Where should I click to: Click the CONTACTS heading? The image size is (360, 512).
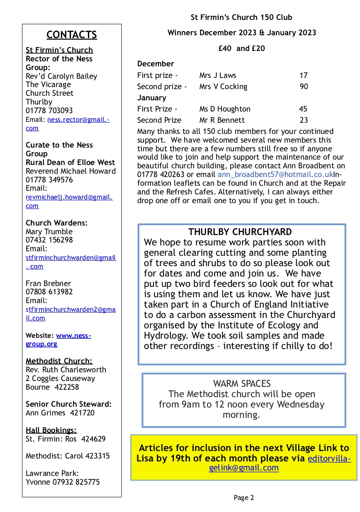72,35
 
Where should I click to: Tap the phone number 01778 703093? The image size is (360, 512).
49,111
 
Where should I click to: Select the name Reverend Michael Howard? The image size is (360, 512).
71,171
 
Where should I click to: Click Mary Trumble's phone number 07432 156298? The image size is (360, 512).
49,240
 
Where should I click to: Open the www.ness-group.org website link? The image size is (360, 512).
73,335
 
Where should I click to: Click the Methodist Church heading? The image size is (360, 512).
59,361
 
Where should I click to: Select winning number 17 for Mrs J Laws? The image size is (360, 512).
304,75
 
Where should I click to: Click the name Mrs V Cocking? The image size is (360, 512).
223,87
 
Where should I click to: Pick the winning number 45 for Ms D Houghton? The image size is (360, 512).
303,109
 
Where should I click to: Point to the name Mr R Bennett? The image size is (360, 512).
222,120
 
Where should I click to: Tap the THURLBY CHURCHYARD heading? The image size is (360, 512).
240,232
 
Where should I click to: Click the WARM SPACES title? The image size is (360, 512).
242,383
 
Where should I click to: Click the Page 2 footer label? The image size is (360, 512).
244,497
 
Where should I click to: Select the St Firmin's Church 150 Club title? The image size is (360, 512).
241,17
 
